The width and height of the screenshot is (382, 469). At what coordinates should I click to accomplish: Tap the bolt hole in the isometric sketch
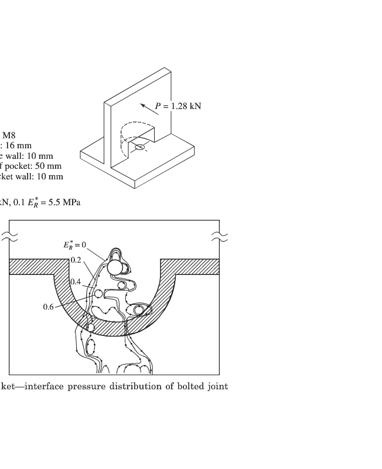tap(139, 146)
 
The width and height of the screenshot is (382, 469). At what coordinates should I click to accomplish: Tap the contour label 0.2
tap(75, 260)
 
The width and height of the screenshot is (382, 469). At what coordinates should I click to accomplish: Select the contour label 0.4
tap(75, 282)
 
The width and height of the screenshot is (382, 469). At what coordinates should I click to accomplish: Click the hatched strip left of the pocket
tap(32, 267)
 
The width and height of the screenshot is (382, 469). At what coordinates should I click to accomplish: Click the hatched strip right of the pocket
tap(190, 267)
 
